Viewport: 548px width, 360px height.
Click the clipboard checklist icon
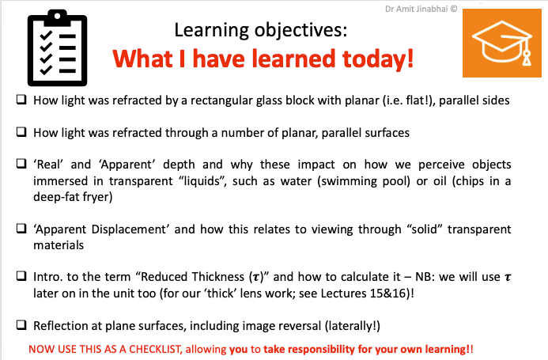pos(57,48)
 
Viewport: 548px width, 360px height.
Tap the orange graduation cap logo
pos(502,43)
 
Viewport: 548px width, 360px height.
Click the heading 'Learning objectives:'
pos(261,30)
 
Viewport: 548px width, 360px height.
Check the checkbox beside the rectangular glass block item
pos(21,100)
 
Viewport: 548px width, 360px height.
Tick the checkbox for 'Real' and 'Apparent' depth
pos(21,163)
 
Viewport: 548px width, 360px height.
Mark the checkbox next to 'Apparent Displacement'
pos(21,229)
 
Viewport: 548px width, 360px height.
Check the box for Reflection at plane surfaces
pos(21,325)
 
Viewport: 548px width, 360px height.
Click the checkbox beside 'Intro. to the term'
pos(21,276)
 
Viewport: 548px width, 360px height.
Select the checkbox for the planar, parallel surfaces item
pos(21,132)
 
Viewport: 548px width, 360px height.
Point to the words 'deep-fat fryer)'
pos(73,197)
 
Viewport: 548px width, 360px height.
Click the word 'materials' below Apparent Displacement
pos(59,245)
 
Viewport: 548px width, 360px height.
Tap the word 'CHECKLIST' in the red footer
pos(155,349)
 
